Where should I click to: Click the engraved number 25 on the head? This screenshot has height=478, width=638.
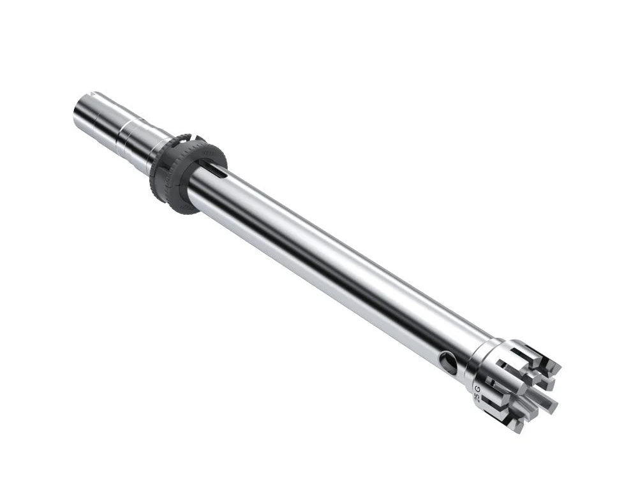[475, 398]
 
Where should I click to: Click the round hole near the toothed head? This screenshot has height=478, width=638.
[449, 363]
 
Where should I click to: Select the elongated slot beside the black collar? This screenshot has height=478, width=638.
[216, 171]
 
